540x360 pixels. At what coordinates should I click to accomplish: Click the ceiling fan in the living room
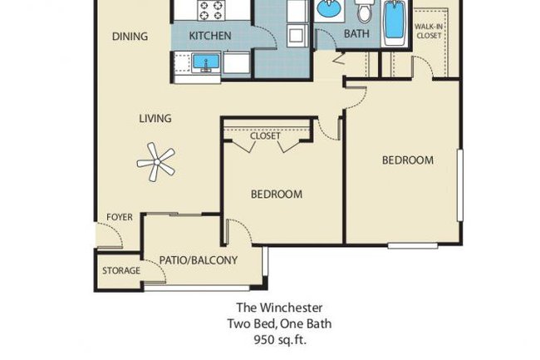155,160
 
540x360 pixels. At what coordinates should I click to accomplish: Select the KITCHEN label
210,37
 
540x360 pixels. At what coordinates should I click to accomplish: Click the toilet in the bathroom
364,12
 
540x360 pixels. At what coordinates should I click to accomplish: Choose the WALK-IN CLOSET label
430,32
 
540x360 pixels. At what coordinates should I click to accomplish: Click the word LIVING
155,119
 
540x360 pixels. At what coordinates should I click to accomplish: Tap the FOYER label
119,218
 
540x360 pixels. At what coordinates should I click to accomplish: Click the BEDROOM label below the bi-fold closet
276,195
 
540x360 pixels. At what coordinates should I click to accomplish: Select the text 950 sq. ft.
270,339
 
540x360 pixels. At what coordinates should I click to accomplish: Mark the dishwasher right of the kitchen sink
236,63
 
